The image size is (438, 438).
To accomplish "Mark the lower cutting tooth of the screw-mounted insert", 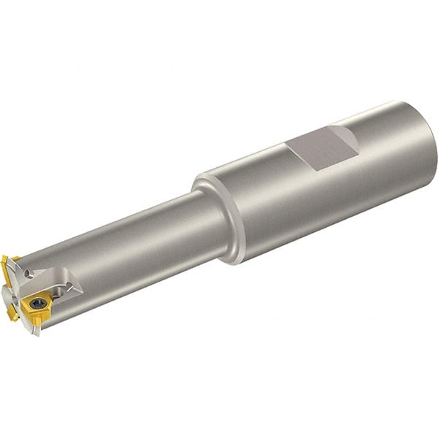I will [36, 321].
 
